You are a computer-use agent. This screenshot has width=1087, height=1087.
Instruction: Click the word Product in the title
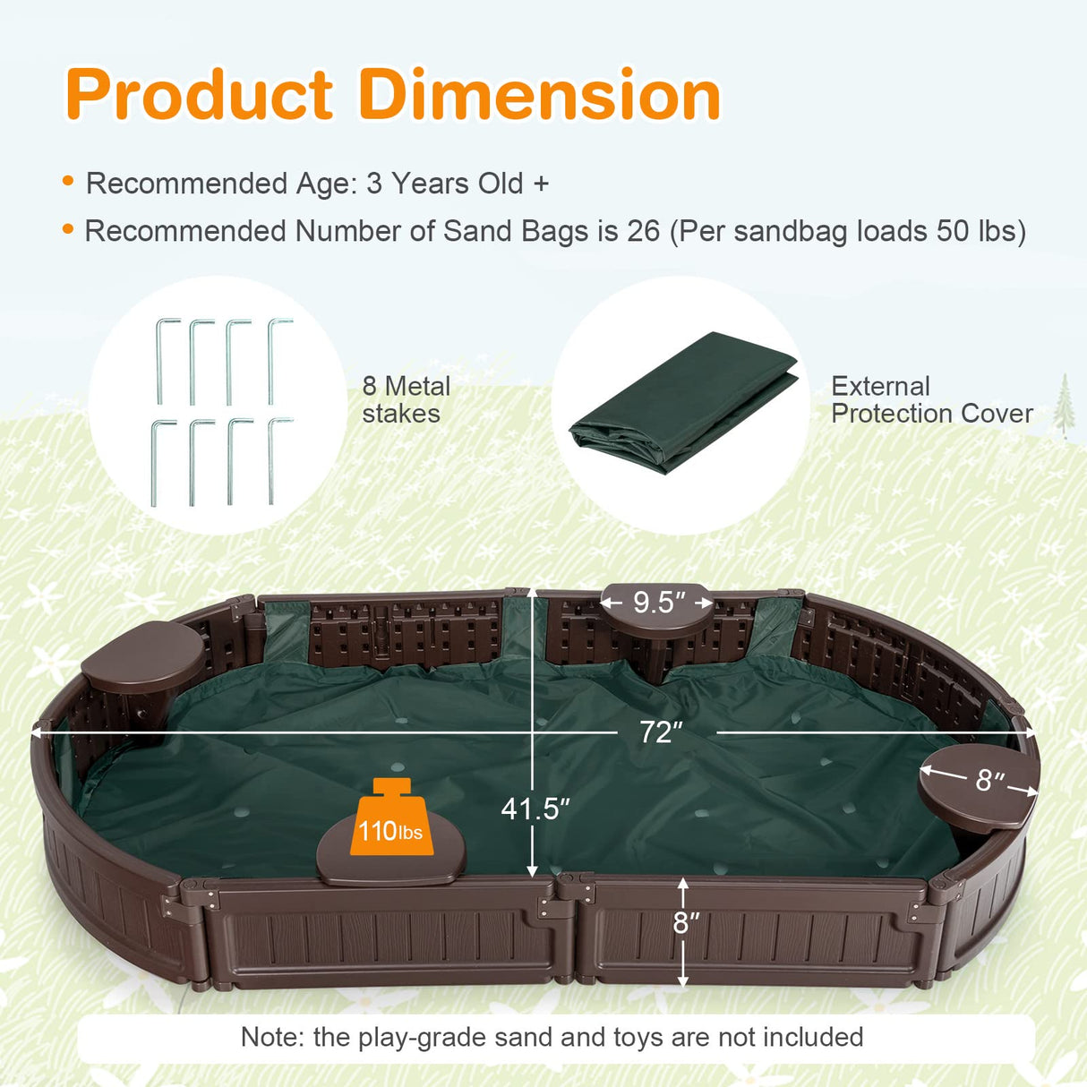click(x=199, y=95)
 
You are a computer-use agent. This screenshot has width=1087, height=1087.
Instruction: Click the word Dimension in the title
click(x=540, y=95)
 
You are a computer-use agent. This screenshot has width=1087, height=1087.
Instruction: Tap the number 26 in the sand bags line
click(x=643, y=231)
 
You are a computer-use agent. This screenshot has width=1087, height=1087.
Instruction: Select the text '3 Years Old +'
click(x=457, y=184)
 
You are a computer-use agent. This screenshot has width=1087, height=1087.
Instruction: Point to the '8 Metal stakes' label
click(x=406, y=399)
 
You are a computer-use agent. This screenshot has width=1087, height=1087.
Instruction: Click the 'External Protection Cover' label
click(x=931, y=399)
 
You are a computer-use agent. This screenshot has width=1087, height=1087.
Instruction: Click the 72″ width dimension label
click(x=661, y=732)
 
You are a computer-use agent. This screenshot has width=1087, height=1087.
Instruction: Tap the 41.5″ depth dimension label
click(x=535, y=809)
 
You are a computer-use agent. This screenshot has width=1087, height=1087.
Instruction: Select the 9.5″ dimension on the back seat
click(x=659, y=603)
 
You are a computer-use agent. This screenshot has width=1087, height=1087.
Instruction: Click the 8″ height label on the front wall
click(x=687, y=922)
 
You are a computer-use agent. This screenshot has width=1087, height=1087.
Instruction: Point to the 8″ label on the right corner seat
click(x=989, y=780)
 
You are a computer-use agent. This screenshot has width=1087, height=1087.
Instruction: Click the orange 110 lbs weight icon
click(x=390, y=818)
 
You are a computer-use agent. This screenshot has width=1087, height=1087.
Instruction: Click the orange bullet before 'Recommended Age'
click(x=68, y=182)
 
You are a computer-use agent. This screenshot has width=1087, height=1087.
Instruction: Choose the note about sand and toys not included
click(x=552, y=1037)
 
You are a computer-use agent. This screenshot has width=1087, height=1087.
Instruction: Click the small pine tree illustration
click(x=1064, y=405)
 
